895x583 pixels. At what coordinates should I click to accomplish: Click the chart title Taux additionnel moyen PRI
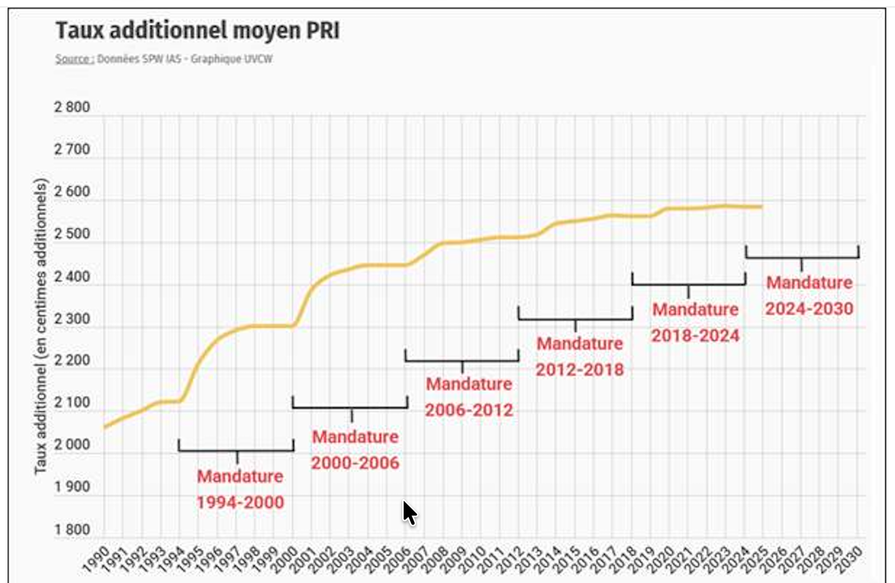tap(197, 30)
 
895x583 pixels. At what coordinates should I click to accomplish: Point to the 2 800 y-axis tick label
tap(72, 108)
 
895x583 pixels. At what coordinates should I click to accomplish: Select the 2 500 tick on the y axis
tap(72, 234)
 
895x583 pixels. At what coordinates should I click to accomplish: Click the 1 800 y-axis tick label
tap(72, 530)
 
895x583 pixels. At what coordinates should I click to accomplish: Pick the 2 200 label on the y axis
tap(72, 360)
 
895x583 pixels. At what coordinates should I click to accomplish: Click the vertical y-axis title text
tap(41, 326)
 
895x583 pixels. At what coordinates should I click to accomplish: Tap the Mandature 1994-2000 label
tap(240, 489)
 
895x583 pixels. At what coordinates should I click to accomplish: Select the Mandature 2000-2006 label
tap(355, 450)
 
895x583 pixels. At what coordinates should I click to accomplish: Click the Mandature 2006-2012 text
tap(469, 397)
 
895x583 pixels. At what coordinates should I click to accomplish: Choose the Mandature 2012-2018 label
tap(580, 356)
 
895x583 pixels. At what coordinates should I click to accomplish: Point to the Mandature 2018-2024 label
tap(695, 323)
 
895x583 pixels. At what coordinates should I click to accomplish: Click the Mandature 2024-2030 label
tap(809, 295)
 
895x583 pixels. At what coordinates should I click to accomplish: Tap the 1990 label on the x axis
tap(97, 559)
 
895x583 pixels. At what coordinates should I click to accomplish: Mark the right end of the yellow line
tap(761, 206)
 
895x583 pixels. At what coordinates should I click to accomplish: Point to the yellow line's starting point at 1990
tap(105, 427)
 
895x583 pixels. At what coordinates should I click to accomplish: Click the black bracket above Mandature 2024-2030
tap(801, 257)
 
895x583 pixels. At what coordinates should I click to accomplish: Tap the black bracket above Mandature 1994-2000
tap(236, 450)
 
